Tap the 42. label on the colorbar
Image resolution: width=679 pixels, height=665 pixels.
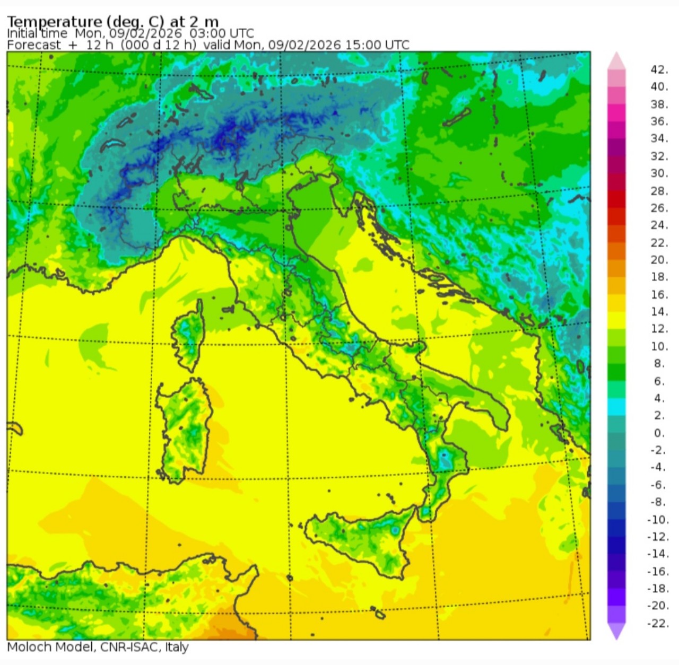[x=659, y=69]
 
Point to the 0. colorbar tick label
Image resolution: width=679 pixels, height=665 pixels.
[x=659, y=433]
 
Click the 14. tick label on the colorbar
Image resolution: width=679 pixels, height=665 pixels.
[x=659, y=311]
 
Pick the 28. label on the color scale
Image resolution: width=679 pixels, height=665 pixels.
[x=659, y=190]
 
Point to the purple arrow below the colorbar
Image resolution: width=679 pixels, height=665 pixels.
[x=616, y=631]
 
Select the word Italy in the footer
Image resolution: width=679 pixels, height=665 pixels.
[x=177, y=647]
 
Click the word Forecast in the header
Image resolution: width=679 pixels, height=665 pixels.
[x=33, y=45]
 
